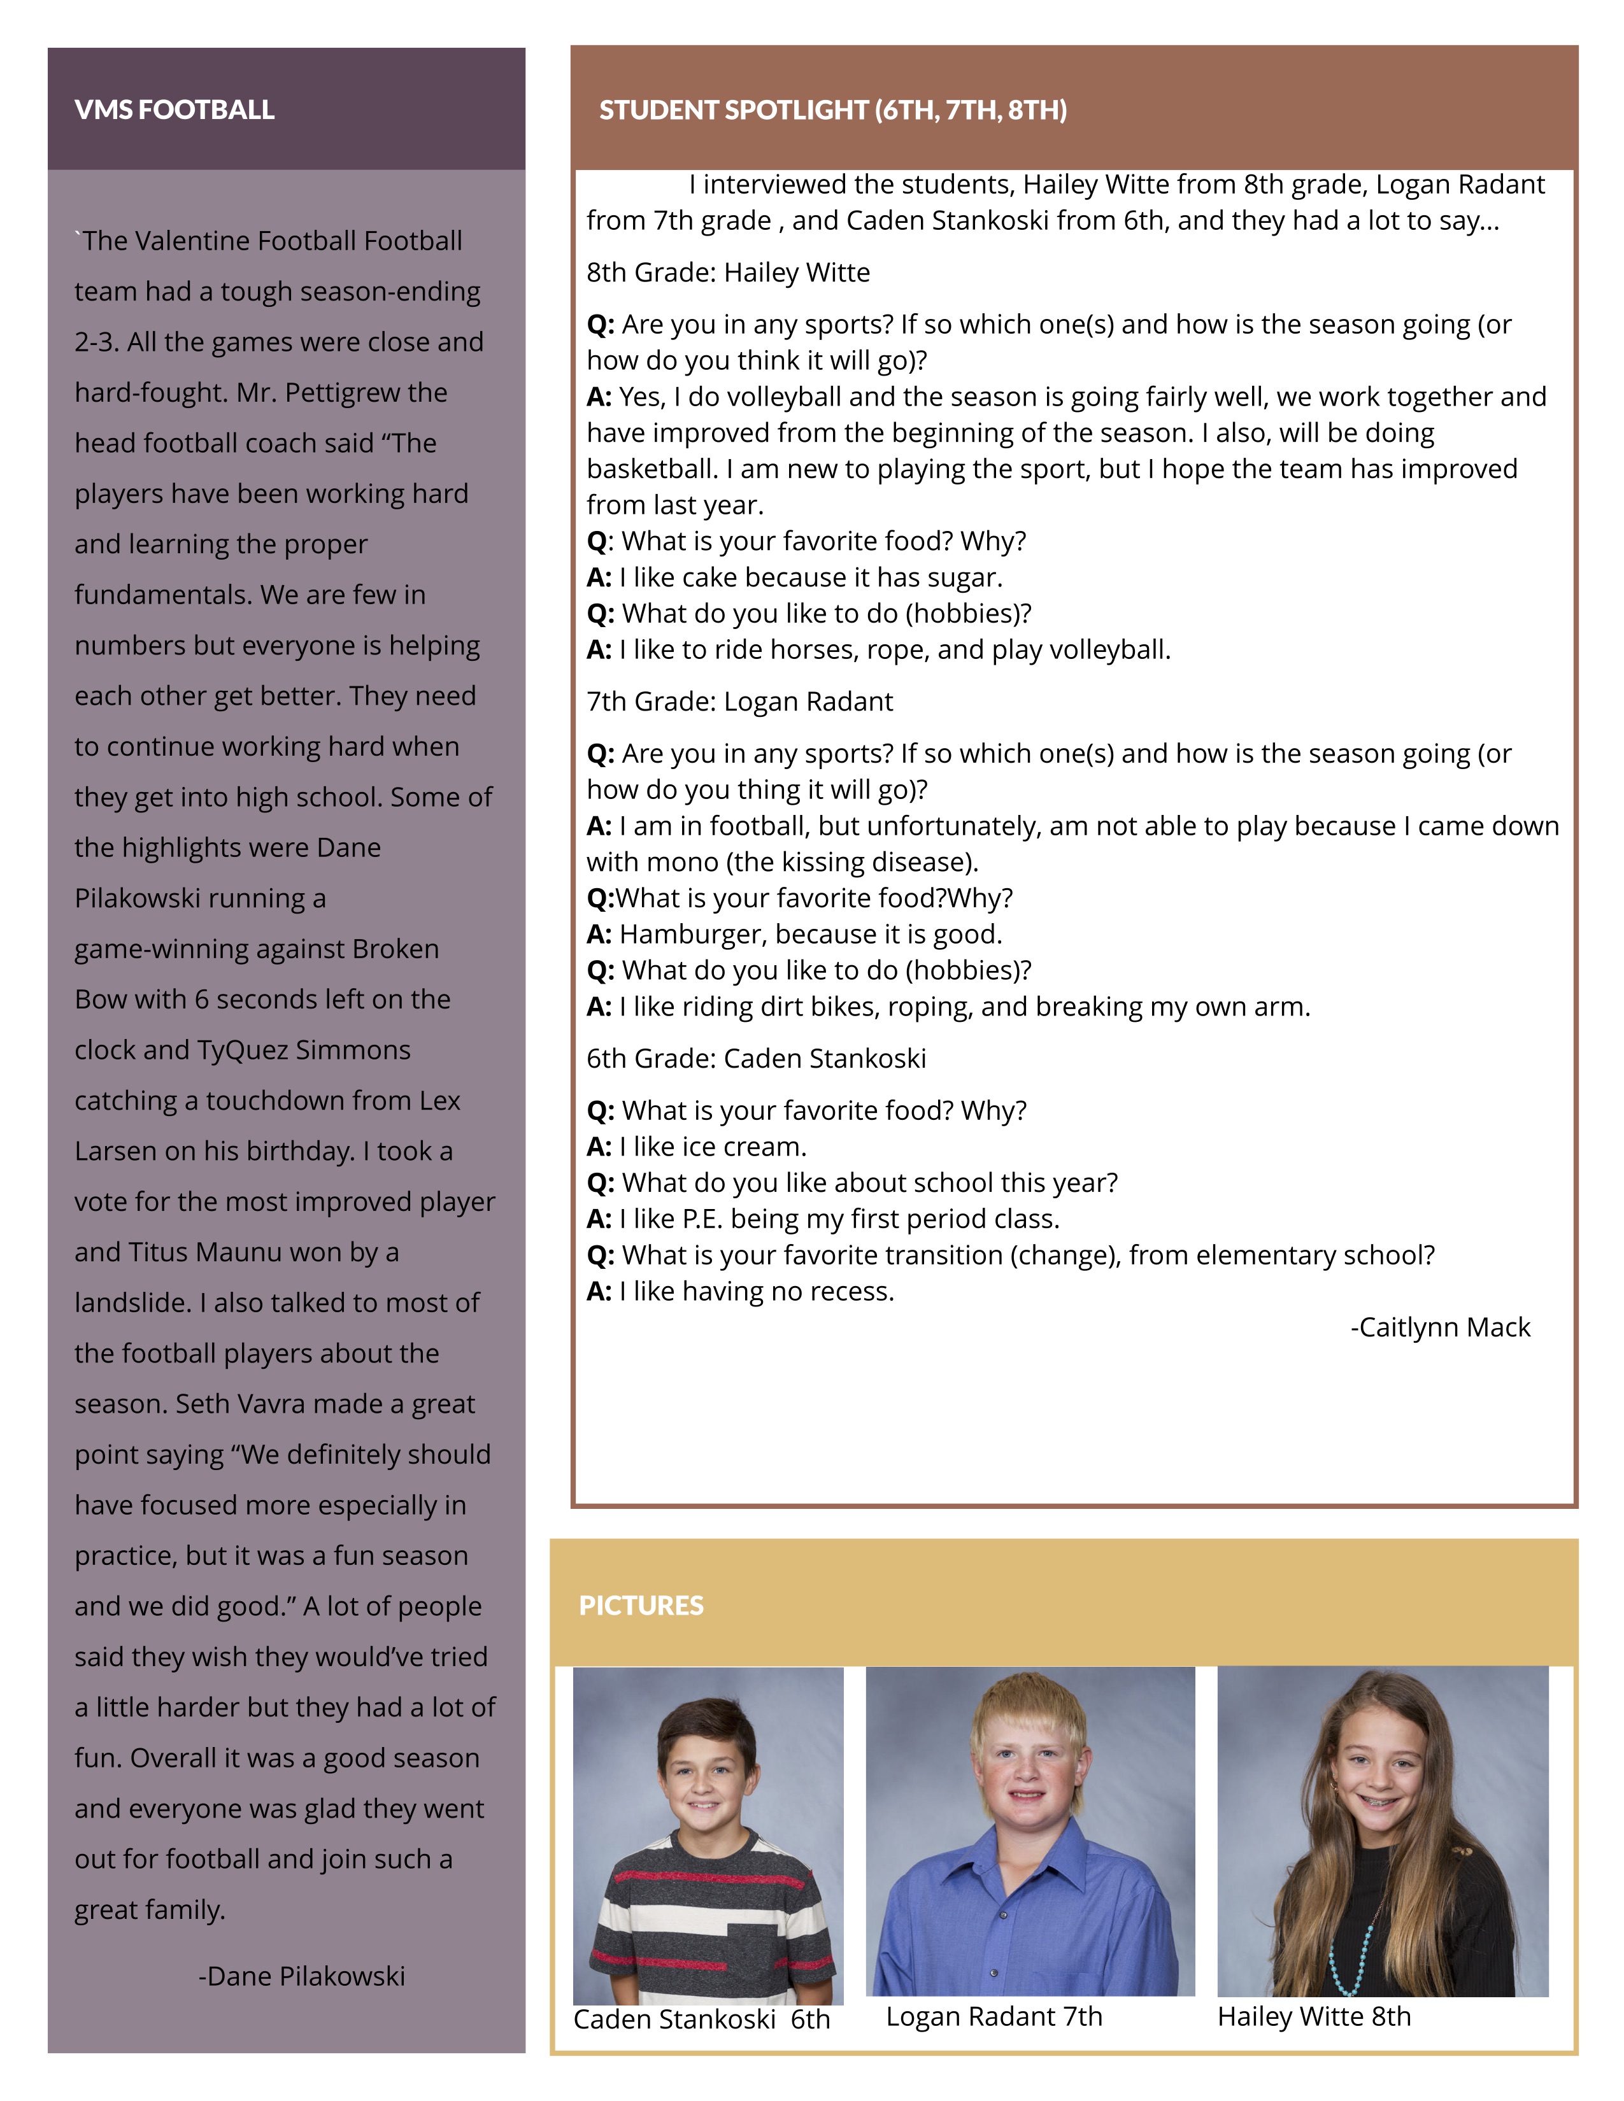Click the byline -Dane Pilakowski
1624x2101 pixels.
[301, 1976]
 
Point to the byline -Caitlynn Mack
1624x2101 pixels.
[1439, 1327]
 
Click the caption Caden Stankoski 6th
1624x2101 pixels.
[701, 2020]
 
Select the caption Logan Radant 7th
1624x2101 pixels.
[994, 2016]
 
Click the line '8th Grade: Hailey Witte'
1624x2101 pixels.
[729, 273]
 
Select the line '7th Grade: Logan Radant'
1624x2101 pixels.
[739, 702]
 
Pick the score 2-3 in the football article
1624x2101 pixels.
[96, 343]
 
